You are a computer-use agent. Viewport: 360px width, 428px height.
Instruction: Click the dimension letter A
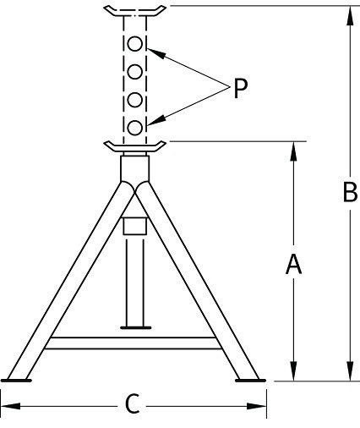coord(293,264)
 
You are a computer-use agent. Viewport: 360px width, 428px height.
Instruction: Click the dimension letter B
coord(350,192)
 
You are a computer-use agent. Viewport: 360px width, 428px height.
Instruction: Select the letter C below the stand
coord(132,403)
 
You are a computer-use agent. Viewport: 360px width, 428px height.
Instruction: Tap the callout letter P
coord(240,88)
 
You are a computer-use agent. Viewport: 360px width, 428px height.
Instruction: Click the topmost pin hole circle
coord(134,44)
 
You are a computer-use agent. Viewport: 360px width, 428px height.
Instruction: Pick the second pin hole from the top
coord(134,72)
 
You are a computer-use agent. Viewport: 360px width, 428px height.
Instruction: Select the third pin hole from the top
coord(134,100)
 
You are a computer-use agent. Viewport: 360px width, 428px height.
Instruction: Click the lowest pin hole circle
coord(134,128)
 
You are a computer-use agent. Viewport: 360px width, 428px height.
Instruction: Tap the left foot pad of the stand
coord(16,381)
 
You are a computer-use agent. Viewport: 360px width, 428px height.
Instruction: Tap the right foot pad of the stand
coord(250,381)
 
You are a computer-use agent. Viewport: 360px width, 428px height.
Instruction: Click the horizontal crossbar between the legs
coord(133,343)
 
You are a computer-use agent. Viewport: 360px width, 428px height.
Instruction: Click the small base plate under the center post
coord(136,327)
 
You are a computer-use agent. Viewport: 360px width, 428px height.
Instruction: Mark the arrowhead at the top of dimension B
coord(350,16)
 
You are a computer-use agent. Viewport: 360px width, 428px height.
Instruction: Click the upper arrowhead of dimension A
coord(293,151)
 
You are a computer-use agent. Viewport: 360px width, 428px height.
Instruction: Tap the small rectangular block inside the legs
coord(134,226)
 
